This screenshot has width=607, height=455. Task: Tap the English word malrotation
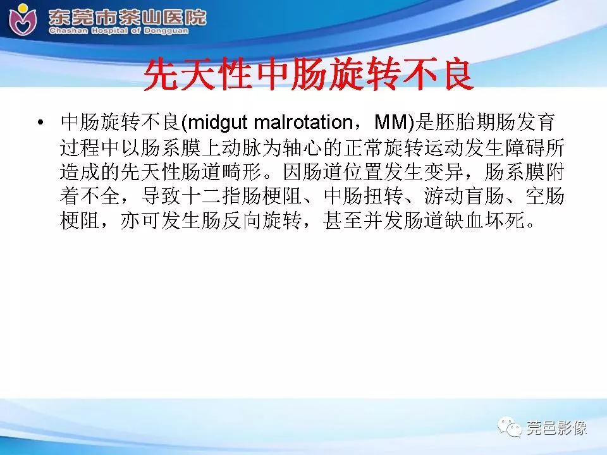[x=300, y=122]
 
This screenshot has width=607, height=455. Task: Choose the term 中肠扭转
[x=359, y=197]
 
